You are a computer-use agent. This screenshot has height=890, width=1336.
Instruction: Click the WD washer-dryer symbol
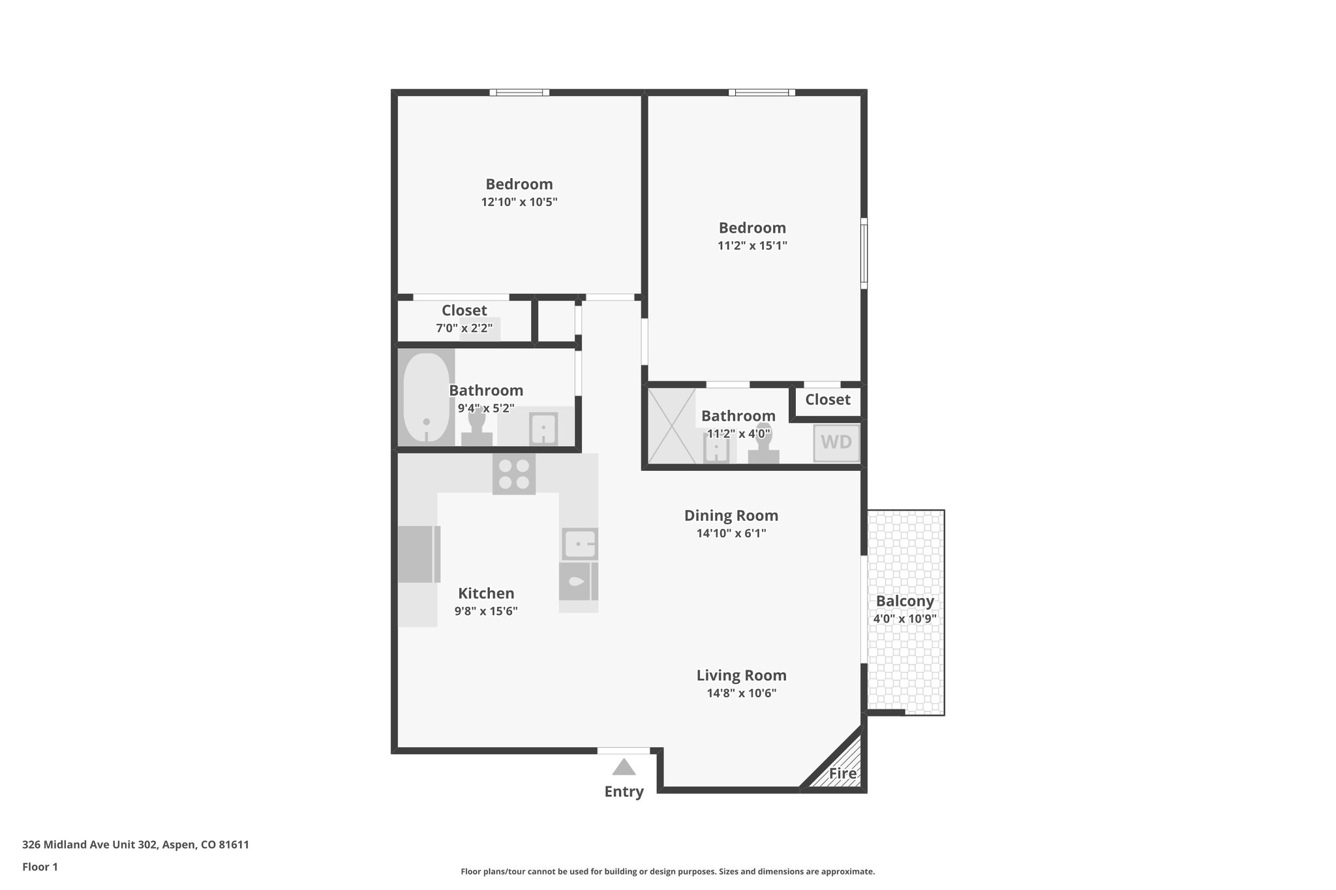[x=836, y=443]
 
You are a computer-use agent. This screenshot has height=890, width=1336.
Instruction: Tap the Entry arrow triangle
[x=624, y=767]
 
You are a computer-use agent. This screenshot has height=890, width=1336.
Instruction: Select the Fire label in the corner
[x=842, y=774]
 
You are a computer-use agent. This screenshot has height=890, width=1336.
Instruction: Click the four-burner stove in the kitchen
[x=514, y=474]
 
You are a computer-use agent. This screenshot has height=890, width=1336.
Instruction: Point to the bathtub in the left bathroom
[x=426, y=397]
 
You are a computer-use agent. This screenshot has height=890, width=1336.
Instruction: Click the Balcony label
[x=905, y=601]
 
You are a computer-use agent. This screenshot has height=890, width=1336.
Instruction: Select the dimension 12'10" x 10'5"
[x=519, y=202]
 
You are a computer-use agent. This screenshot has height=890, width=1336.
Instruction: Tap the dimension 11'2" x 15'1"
[x=752, y=246]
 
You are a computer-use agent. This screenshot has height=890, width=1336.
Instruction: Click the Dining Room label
[x=731, y=516]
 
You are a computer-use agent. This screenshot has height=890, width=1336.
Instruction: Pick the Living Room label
[x=741, y=675]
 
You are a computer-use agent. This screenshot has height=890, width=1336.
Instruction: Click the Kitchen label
[x=486, y=593]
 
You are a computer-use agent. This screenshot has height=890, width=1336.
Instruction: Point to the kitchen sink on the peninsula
[x=579, y=544]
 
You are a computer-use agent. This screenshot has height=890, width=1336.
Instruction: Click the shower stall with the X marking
[x=671, y=426]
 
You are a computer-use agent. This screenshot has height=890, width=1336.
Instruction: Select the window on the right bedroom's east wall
[x=864, y=253]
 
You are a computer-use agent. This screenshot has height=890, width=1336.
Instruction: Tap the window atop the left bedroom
[x=519, y=93]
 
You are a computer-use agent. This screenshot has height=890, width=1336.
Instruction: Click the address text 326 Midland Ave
[x=136, y=845]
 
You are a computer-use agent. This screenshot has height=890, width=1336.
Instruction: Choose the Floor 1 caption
[x=40, y=867]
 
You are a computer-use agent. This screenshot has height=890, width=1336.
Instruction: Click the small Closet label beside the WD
[x=827, y=400]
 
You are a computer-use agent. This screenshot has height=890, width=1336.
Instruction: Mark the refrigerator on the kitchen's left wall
[x=418, y=554]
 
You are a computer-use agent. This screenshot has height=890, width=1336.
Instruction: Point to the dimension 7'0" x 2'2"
[x=464, y=328]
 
